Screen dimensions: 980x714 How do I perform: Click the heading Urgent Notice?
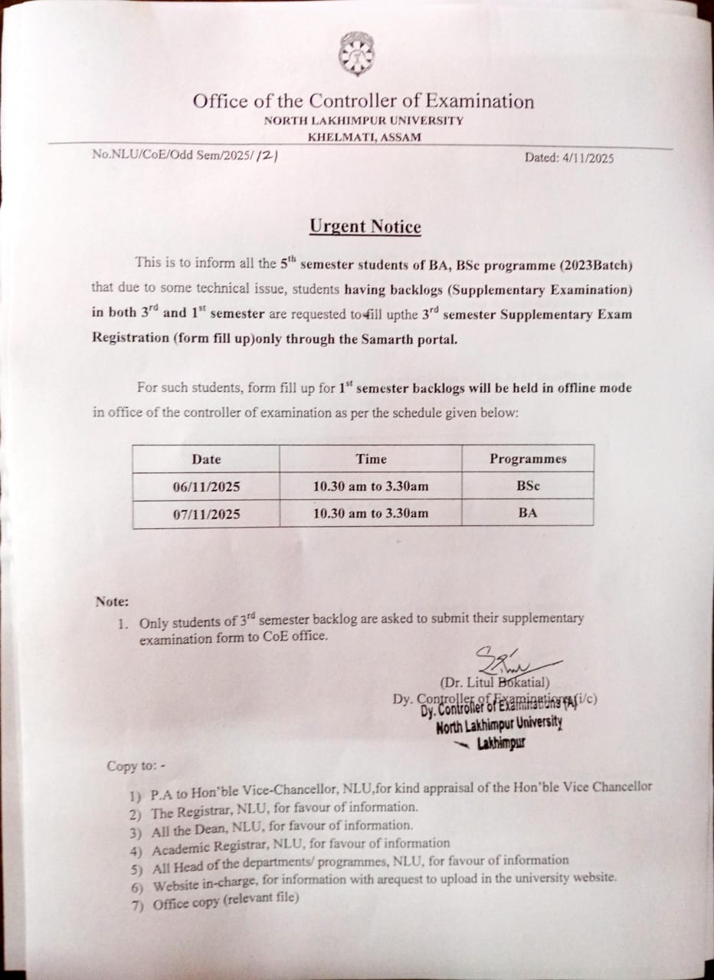coord(365,227)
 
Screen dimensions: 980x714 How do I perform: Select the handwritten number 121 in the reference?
coord(266,155)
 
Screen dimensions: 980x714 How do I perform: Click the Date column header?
coord(206,459)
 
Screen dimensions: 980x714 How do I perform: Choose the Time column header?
coord(371,459)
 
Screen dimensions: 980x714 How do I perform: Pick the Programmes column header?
coord(528,459)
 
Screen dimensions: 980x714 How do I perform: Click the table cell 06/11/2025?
coord(206,487)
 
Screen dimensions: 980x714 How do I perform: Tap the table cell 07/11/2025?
coord(206,514)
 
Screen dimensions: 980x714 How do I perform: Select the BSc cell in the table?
coord(528,486)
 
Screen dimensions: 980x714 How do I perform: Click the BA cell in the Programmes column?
coord(528,513)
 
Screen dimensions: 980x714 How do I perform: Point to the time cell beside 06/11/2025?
coord(371,486)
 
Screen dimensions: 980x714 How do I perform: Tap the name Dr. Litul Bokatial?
coord(494,682)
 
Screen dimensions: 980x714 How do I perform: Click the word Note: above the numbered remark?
coord(112,602)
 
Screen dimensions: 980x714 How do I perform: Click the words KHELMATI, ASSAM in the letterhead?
coord(364,137)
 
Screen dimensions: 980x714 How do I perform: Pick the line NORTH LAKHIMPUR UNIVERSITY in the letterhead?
coord(364,120)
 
